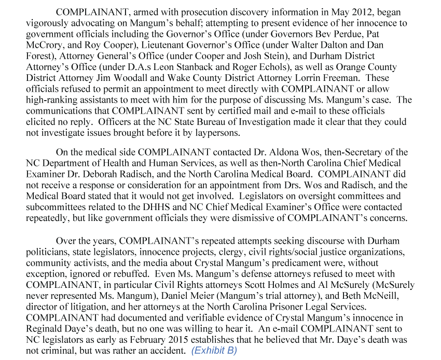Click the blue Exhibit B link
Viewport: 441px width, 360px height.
coord(214,351)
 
